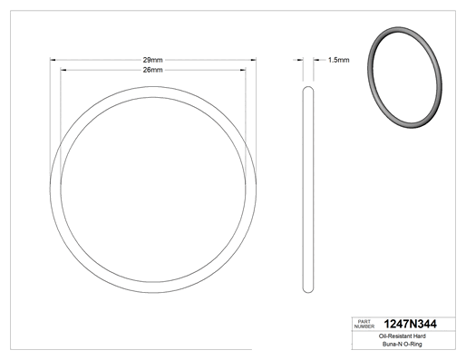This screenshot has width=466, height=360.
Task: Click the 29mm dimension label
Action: tap(152, 60)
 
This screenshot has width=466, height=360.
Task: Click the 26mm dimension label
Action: tap(152, 70)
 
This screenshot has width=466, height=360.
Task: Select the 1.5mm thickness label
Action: tap(338, 60)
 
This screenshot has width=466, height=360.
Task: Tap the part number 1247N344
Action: tap(410, 324)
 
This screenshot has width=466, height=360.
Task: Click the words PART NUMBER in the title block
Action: tap(364, 324)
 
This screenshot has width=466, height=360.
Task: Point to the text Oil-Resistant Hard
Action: tap(403, 336)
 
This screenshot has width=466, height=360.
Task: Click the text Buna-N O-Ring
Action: tap(403, 344)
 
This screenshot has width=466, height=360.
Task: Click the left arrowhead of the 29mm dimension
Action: tap(53, 60)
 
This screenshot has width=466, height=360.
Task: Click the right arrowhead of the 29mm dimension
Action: tap(253, 60)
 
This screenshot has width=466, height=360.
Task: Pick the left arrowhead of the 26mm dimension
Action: tap(63, 70)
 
